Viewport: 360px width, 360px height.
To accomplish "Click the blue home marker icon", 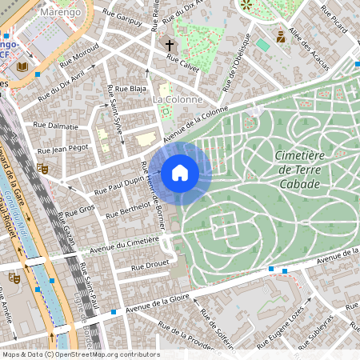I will pos(180,172).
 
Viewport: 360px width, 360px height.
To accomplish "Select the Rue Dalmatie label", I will pos(57,126).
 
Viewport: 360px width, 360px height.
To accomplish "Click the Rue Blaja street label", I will pos(130,88).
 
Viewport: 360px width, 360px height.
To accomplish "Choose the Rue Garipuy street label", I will pos(122,19).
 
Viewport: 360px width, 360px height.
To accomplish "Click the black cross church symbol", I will pos(170,45).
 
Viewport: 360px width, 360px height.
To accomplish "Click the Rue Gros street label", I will pos(80,210).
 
